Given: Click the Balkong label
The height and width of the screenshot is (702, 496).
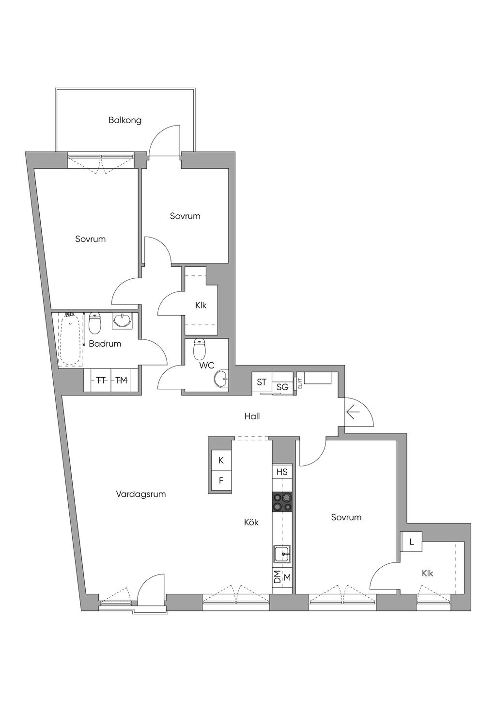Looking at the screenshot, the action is click(125, 120).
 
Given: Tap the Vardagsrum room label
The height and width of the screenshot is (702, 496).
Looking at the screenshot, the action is click(140, 494).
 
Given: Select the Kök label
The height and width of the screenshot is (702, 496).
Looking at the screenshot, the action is click(251, 522).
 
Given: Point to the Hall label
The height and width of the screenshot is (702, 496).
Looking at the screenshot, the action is click(252, 416).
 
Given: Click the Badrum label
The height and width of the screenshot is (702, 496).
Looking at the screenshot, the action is click(105, 344).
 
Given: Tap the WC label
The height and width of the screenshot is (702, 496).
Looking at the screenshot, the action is click(207, 365).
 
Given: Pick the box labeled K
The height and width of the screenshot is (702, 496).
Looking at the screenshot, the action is click(221, 461).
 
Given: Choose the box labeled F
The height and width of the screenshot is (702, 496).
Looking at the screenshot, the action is click(221, 480).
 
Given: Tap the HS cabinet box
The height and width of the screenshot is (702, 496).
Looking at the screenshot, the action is click(282, 472).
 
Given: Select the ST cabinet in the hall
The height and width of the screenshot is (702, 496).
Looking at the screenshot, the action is click(262, 382).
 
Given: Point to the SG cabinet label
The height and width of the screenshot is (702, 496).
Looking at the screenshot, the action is click(282, 387).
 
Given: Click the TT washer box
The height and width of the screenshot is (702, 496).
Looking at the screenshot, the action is click(101, 381).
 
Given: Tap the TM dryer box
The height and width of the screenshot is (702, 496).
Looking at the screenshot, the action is click(121, 381).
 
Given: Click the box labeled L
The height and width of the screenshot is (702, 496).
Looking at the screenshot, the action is click(411, 542).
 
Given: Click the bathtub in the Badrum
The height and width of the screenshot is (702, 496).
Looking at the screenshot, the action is click(71, 340).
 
